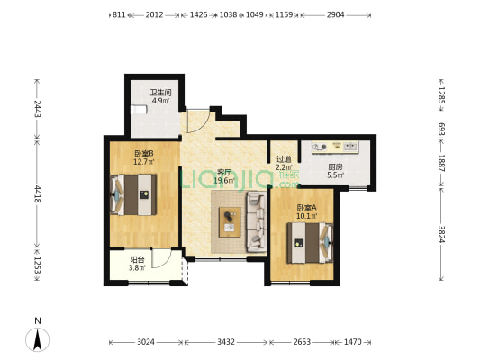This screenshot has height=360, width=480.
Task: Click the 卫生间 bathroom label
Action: [x=160, y=92]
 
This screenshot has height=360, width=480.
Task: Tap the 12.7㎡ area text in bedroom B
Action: [x=143, y=161]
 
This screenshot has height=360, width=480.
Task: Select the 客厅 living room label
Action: [x=224, y=172]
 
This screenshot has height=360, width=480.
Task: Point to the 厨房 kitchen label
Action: [x=335, y=167]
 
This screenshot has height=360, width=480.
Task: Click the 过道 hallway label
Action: [x=284, y=159]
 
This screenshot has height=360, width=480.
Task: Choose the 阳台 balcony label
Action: [x=137, y=260]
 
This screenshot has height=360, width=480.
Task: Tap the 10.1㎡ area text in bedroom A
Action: [x=307, y=216]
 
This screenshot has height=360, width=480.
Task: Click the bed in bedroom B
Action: [x=133, y=194]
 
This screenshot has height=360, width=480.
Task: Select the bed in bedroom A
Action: [x=310, y=243]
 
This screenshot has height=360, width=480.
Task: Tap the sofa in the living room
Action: [x=257, y=221]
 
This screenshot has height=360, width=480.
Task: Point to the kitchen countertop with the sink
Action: [x=335, y=147]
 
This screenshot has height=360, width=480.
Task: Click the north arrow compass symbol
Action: [x=37, y=339]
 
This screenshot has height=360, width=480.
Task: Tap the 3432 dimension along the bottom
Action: [x=226, y=342]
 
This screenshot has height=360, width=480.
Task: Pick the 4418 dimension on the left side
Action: [x=37, y=193]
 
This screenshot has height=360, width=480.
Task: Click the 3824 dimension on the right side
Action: [x=441, y=234]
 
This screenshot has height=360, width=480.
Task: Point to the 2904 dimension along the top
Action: [x=336, y=14]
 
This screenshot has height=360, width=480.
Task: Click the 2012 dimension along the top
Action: [x=154, y=14]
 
